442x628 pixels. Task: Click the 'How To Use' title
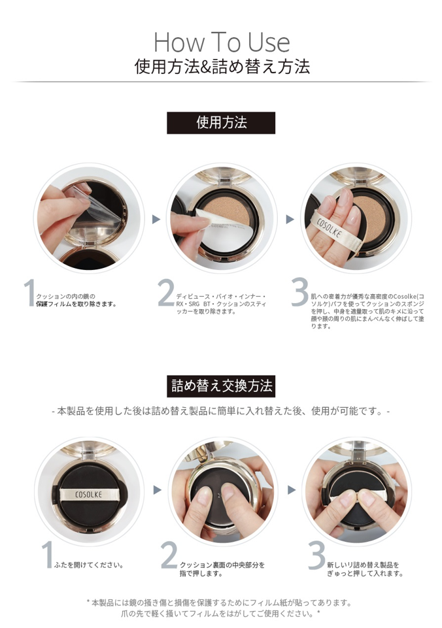[222, 42]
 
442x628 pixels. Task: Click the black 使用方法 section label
[221, 123]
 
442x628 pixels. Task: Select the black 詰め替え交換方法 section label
[221, 386]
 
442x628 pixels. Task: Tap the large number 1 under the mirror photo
[29, 293]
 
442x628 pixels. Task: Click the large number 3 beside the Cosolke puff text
[300, 291]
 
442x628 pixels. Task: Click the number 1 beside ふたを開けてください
[47, 554]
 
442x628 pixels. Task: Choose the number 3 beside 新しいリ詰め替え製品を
[316, 555]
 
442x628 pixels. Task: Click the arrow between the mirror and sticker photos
[156, 219]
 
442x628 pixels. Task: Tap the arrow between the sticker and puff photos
[290, 219]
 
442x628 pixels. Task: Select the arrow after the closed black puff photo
[158, 490]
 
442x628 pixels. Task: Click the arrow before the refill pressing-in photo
[292, 490]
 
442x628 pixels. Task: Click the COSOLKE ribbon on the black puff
[88, 494]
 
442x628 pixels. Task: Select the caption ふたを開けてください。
[89, 565]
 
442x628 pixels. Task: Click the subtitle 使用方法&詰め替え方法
[222, 67]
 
